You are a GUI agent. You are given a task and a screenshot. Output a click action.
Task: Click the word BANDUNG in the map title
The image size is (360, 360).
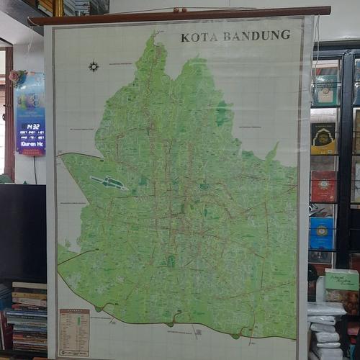click(256, 35)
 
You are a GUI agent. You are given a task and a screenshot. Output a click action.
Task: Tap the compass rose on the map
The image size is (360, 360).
click(94, 66)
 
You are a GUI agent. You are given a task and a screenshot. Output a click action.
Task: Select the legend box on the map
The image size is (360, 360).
click(73, 333)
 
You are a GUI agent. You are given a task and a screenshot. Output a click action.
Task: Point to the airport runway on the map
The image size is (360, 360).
click(109, 183)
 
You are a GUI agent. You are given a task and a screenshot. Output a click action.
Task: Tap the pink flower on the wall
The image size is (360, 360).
click(15, 76)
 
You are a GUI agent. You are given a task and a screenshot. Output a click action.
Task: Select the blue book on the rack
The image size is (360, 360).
click(321, 233)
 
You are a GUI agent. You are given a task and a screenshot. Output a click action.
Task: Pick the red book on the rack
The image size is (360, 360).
click(323, 186)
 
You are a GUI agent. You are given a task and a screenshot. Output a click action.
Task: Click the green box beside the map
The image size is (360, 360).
click(341, 279)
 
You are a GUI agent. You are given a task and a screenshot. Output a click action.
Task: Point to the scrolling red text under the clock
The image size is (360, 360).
click(31, 143)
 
